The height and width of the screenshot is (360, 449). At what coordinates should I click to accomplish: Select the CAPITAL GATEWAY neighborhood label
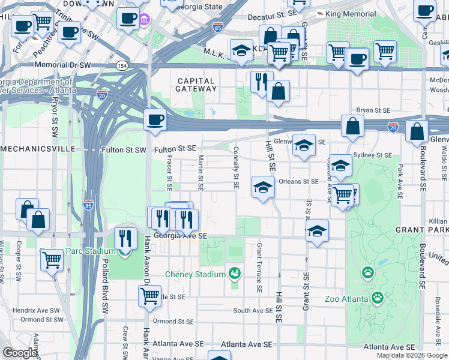[196, 85]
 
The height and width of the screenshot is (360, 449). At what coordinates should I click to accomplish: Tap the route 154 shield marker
[122, 65]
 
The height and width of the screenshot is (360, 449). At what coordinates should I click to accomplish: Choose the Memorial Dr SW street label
[63, 65]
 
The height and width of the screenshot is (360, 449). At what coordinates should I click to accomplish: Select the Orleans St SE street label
[298, 181]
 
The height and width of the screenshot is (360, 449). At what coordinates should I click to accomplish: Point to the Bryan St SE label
[373, 110]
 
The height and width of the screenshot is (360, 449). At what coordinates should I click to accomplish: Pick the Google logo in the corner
[19, 353]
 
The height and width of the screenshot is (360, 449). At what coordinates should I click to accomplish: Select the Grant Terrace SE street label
[259, 267]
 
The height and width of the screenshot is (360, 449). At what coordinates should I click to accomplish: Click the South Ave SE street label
[253, 311]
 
